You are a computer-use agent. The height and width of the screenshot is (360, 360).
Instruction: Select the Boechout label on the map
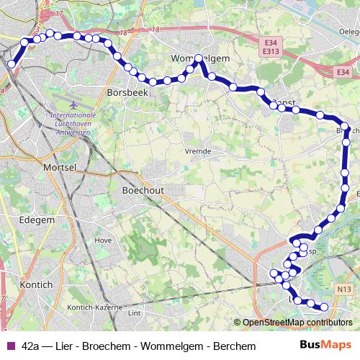click(x=144, y=191)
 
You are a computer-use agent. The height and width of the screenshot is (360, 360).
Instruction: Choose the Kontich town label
click(x=37, y=284)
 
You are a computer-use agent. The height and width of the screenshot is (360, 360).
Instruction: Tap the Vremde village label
click(x=197, y=151)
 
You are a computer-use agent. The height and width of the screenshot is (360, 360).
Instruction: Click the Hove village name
click(x=104, y=240)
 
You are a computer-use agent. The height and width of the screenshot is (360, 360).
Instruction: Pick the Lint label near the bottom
click(x=133, y=313)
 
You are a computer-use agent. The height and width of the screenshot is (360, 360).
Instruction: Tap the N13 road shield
click(x=343, y=289)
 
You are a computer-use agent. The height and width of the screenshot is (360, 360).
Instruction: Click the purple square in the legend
click(x=9, y=346)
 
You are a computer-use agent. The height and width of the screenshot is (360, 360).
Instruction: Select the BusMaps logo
click(x=325, y=346)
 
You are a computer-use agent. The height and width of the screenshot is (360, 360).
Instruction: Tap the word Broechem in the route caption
click(x=106, y=346)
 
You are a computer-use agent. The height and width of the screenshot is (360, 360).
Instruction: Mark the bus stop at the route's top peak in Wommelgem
click(x=199, y=59)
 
